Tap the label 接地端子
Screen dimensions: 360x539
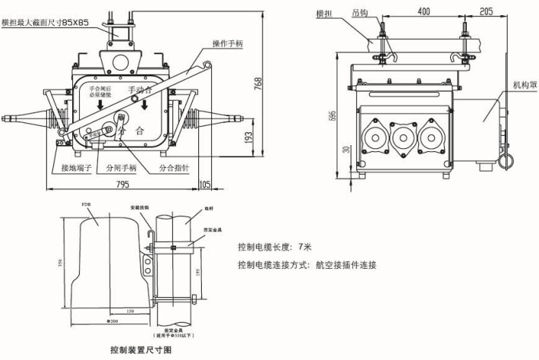click(77, 167)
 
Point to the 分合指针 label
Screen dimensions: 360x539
click(175, 167)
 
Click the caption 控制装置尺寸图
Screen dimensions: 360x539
click(141, 351)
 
